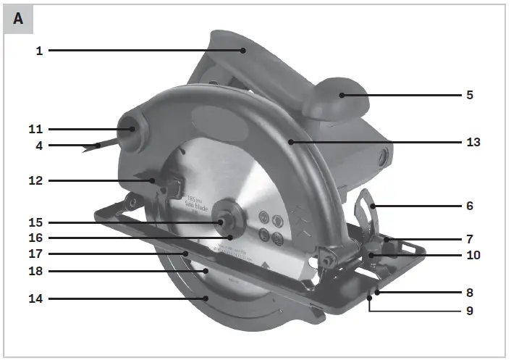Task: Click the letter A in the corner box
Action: tap(18, 20)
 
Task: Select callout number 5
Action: tap(470, 95)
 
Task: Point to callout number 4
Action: tap(39, 145)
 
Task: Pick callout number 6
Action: tap(470, 206)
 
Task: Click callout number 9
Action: tap(470, 311)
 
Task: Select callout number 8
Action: tap(470, 293)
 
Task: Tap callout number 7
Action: tap(470, 238)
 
